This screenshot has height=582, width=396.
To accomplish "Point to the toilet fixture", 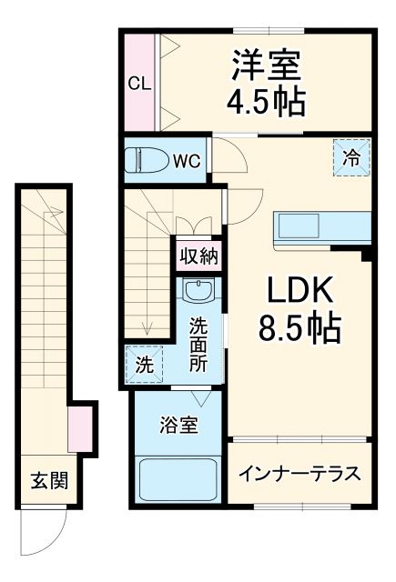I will [146, 160].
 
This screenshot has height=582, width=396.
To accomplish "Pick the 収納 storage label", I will [198, 256].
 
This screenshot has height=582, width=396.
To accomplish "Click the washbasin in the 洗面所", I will [197, 292].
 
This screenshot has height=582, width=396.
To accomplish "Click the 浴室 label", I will [178, 425].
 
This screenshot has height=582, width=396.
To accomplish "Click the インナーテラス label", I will [300, 474].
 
